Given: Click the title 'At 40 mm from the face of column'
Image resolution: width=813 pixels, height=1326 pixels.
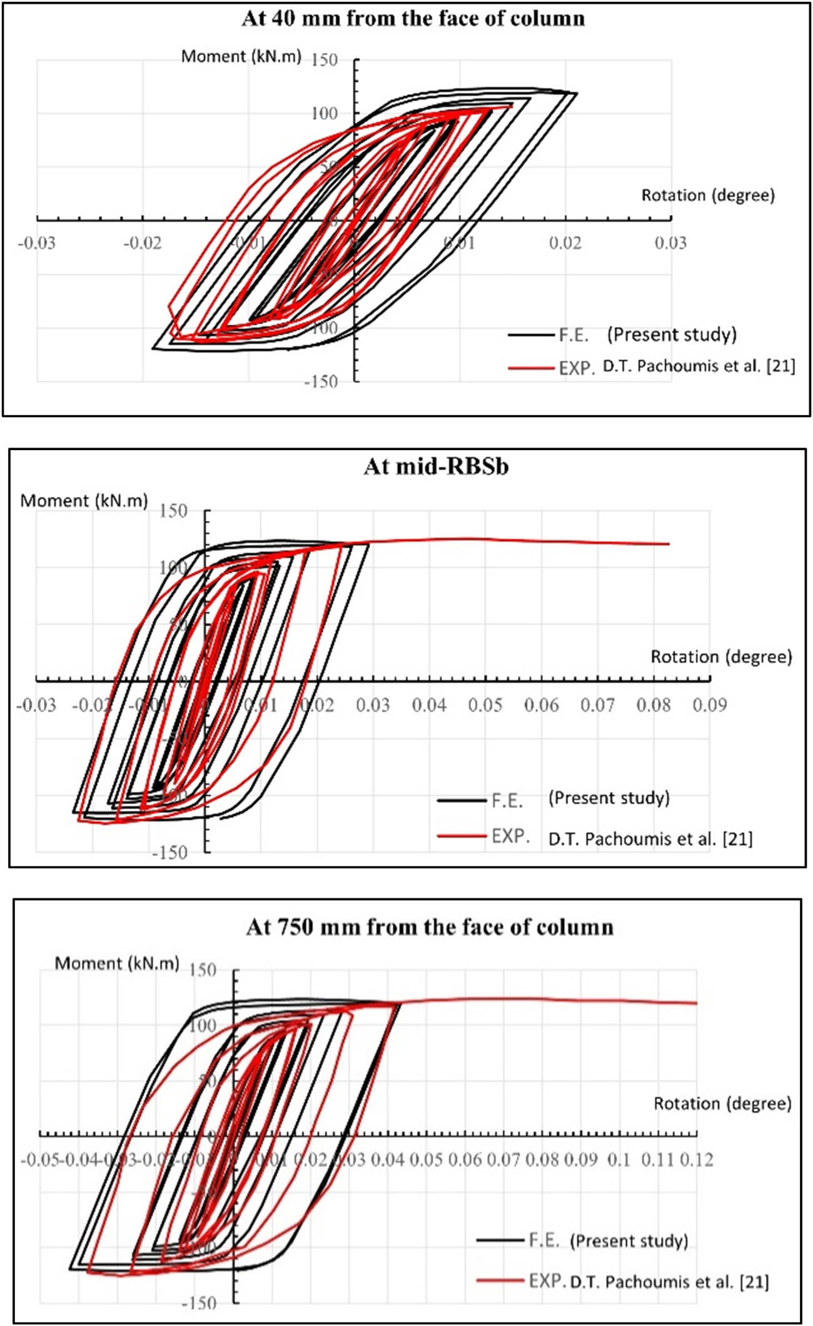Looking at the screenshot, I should pos(413,19).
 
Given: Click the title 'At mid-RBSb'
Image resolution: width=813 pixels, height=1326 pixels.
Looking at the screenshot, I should pos(436,466).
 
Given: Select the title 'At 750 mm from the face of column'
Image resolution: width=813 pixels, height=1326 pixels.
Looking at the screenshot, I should pos(430,927).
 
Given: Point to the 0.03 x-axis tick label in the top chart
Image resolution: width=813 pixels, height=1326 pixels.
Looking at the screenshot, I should pos(670,243).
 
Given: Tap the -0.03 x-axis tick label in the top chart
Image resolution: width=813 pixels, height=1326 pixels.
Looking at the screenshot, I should pos(36,243).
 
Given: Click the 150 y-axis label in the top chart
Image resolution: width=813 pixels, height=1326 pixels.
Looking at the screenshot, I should pos(324,60).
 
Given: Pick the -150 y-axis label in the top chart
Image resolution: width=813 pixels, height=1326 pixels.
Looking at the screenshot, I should pos(320,381).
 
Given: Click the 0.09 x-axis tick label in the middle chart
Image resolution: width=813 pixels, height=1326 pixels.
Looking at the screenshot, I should pos(709,705).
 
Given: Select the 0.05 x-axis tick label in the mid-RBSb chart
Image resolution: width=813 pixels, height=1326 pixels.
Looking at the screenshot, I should pos(485,705).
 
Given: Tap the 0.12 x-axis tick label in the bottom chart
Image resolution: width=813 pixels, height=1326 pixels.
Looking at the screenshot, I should pos(697,1160).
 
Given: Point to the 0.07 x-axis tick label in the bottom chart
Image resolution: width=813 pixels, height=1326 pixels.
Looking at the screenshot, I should pos(503,1160).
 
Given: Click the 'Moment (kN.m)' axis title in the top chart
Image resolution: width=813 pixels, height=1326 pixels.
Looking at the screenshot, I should pos(241,57).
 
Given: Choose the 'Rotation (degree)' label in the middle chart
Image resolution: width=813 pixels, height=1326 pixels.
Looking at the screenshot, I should pos(721,657).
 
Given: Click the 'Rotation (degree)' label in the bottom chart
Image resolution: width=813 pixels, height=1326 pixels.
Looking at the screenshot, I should pos(722,1103).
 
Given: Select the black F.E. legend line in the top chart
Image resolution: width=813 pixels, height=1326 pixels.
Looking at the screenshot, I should pos(531,336).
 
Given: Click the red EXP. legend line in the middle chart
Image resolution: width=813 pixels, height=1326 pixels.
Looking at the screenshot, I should pos(462,836).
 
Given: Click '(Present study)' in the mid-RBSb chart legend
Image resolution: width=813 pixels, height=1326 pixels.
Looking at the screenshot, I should pos(608,798).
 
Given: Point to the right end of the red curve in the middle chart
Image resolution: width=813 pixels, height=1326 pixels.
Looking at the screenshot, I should pos(669,544).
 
